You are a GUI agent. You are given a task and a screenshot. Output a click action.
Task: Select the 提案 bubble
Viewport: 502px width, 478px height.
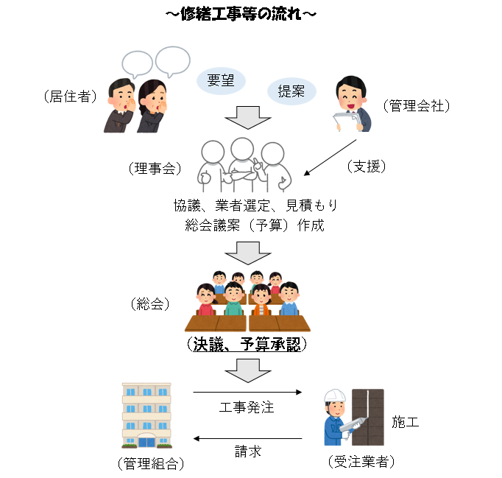click(x=291, y=91)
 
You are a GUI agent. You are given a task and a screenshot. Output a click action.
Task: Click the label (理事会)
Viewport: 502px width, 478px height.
click(x=154, y=169)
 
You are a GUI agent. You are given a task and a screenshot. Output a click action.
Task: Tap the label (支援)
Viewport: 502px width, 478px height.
click(x=367, y=166)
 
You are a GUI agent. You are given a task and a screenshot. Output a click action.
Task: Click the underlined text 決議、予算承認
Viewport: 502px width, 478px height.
click(x=247, y=344)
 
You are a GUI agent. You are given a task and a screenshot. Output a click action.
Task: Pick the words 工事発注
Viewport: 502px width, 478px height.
click(x=247, y=407)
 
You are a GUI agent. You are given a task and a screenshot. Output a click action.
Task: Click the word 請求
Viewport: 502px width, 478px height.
click(x=248, y=451)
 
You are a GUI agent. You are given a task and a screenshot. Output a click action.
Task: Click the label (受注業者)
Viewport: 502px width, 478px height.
click(x=361, y=463)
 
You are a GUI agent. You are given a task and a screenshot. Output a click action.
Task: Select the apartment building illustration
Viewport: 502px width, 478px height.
click(x=146, y=416)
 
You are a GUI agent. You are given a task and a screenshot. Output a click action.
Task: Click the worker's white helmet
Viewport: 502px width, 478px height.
click(x=335, y=396)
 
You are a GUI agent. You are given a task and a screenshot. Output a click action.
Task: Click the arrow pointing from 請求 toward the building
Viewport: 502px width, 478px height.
click(x=247, y=439)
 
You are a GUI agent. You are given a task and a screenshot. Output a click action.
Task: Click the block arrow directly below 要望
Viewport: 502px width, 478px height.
click(x=242, y=118)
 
